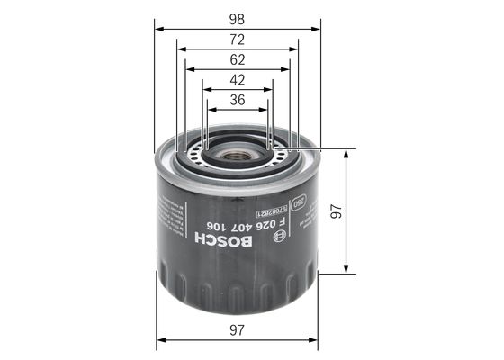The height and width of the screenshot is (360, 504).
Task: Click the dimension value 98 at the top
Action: point(238,17)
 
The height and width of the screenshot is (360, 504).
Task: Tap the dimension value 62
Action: point(238,60)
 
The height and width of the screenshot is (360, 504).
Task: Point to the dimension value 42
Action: point(238,81)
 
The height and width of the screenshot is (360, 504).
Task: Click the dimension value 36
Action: point(238,100)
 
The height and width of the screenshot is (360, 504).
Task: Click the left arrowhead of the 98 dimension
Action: point(160,29)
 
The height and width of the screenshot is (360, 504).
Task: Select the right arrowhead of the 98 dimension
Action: point(316,29)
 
